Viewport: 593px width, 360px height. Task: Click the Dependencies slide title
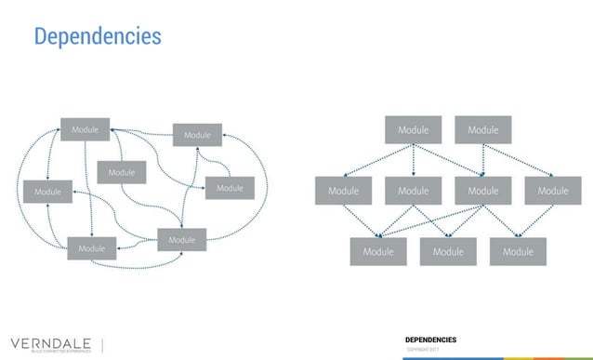pyautogui.click(x=98, y=36)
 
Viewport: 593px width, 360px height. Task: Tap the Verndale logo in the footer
pyautogui.click(x=50, y=340)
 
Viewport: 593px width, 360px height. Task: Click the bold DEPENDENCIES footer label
pyautogui.click(x=430, y=340)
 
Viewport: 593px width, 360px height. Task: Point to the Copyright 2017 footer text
pyautogui.click(x=422, y=349)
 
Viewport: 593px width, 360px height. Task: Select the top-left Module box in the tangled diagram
pyautogui.click(x=86, y=130)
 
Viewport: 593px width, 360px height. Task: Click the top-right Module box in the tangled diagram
pyautogui.click(x=197, y=135)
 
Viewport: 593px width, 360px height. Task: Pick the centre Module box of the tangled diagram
pyautogui.click(x=121, y=173)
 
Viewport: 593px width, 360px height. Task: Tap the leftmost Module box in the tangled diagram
pyautogui.click(x=47, y=192)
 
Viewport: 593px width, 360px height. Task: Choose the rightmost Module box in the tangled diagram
pyautogui.click(x=230, y=188)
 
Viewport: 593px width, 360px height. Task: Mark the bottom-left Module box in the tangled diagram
pyautogui.click(x=92, y=248)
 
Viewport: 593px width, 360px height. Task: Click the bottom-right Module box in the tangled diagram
pyautogui.click(x=181, y=240)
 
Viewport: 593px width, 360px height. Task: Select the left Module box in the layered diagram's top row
pyautogui.click(x=413, y=130)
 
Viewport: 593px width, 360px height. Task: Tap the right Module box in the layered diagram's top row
pyautogui.click(x=482, y=130)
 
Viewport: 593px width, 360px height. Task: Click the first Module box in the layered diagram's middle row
pyautogui.click(x=343, y=191)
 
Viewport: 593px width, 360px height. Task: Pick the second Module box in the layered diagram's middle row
pyautogui.click(x=413, y=191)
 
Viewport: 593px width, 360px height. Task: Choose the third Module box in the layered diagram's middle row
pyautogui.click(x=482, y=191)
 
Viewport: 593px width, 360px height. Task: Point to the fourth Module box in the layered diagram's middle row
pyautogui.click(x=552, y=191)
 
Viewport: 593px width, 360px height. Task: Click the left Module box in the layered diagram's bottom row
pyautogui.click(x=378, y=251)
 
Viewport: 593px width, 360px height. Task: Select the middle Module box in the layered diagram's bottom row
pyautogui.click(x=448, y=251)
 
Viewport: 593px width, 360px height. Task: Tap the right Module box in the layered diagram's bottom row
pyautogui.click(x=518, y=251)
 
